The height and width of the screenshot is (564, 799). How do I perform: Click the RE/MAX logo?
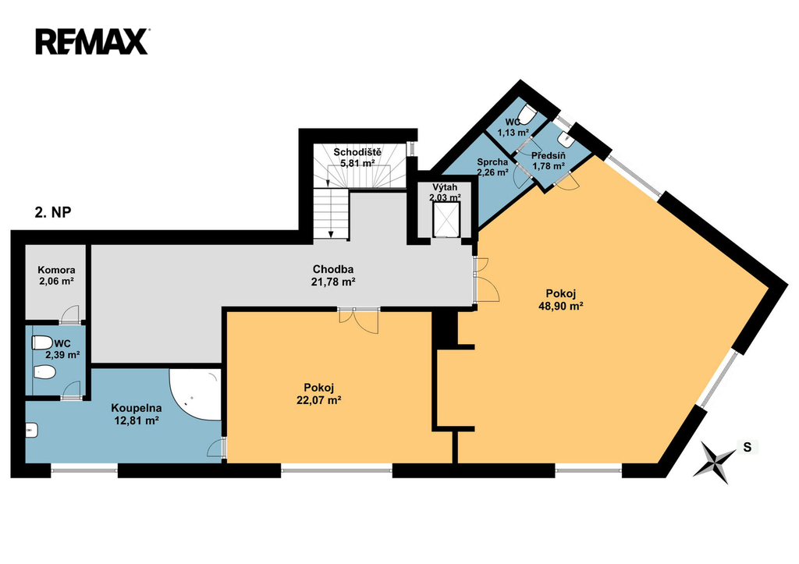[x=92, y=41]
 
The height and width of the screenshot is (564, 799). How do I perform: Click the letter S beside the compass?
[x=747, y=447]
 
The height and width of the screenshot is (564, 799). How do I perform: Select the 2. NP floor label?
[x=53, y=213]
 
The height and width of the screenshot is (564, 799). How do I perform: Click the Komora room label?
[x=56, y=270]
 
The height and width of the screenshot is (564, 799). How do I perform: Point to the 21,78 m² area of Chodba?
[x=333, y=282]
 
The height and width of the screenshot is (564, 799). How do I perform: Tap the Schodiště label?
[x=357, y=152]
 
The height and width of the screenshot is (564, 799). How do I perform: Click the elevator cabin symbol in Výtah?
[x=446, y=219]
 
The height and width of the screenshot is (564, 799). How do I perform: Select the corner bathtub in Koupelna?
[x=196, y=395]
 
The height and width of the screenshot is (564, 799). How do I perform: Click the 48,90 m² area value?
[x=560, y=306]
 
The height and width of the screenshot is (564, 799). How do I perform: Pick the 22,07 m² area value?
[x=318, y=400]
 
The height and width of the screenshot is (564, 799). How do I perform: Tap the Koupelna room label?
[x=137, y=408]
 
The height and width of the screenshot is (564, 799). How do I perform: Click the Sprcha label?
[x=492, y=162]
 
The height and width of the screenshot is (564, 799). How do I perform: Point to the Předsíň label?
[x=549, y=155]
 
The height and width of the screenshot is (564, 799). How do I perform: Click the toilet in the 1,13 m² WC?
[x=525, y=114]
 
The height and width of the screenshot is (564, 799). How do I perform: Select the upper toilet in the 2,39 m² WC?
[x=42, y=342]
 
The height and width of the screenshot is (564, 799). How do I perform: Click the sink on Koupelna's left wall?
[x=31, y=431]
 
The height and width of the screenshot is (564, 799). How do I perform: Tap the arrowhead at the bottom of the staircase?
[x=331, y=234]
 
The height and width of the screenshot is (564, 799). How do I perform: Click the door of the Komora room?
[x=69, y=314]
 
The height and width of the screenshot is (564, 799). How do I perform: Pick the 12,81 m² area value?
[x=137, y=420]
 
